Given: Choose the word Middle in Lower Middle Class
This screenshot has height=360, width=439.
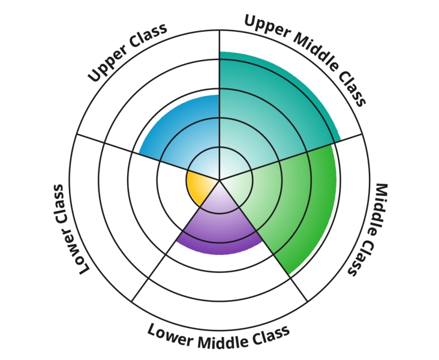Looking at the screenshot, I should click(219, 338).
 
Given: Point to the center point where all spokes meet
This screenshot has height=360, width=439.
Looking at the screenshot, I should click(220, 179).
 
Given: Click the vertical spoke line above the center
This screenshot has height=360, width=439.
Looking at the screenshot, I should click(220, 90).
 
